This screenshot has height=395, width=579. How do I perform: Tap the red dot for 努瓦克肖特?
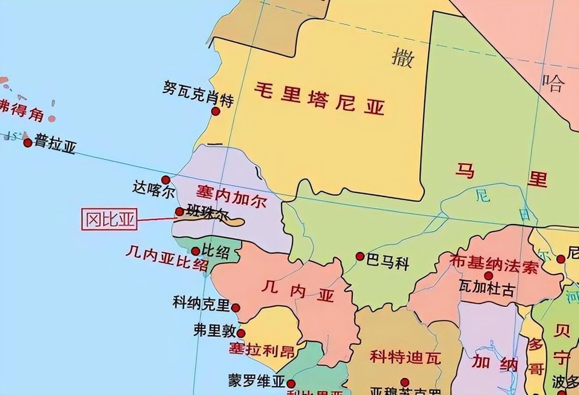pyautogui.click(x=215, y=111)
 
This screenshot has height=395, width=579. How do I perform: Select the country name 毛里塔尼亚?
pyautogui.click(x=320, y=99)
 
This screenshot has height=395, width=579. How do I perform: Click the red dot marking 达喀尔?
pyautogui.click(x=165, y=180)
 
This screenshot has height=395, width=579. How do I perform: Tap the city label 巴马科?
pyautogui.click(x=388, y=264)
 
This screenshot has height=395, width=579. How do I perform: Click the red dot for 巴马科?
pyautogui.click(x=360, y=256)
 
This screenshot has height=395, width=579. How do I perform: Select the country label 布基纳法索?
pyautogui.click(x=493, y=263)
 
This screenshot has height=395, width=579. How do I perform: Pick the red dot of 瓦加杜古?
pyautogui.click(x=488, y=275)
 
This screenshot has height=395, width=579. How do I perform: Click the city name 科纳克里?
pyautogui.click(x=201, y=303)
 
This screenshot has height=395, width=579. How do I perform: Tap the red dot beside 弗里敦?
pyautogui.click(x=241, y=333)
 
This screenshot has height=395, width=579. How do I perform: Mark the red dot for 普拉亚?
pyautogui.click(x=28, y=142)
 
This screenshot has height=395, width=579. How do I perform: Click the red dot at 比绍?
pyautogui.click(x=196, y=251)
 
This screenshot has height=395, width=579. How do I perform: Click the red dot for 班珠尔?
pyautogui.click(x=179, y=212)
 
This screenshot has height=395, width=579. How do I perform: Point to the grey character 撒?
pyautogui.click(x=402, y=58)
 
